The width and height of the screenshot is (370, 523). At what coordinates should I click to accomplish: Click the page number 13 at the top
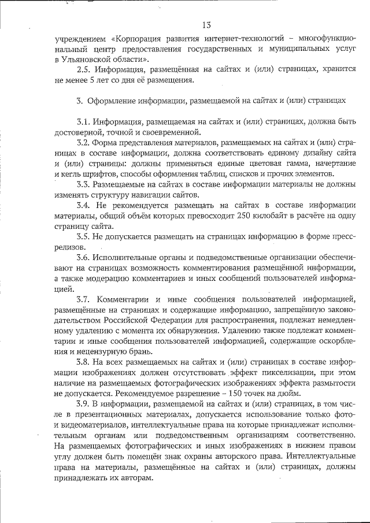click(x=208, y=24)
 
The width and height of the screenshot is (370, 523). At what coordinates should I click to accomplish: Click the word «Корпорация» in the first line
click(x=136, y=39)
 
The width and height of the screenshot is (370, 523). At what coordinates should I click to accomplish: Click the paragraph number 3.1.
click(x=84, y=121)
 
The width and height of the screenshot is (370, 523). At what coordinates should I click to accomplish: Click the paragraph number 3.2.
click(x=84, y=142)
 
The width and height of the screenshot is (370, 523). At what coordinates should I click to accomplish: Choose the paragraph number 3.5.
click(x=84, y=236)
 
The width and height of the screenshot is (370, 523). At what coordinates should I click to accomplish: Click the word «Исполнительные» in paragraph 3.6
click(x=127, y=257)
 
